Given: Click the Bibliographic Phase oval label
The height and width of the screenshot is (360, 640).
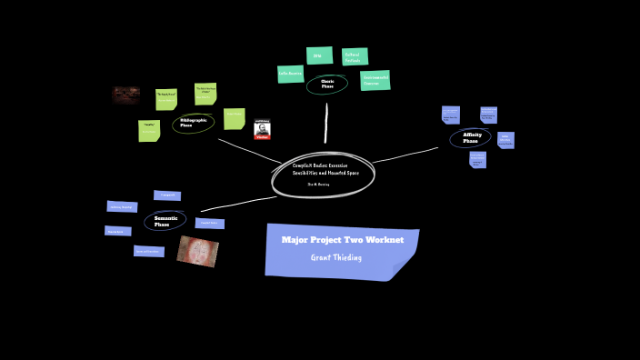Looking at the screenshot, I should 193,123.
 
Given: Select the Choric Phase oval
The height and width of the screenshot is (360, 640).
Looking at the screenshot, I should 326,85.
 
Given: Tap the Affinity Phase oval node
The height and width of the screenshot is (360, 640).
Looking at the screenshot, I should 470,138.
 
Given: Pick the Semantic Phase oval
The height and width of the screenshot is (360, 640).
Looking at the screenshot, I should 165,220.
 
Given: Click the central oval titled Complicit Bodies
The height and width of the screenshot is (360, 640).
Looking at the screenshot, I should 324,173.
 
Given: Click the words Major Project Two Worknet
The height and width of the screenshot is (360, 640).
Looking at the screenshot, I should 342,240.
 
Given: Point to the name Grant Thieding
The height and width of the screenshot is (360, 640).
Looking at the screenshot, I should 336,257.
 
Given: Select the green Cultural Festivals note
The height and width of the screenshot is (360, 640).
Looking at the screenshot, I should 355,56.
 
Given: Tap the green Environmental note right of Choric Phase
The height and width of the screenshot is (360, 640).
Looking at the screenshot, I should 375,80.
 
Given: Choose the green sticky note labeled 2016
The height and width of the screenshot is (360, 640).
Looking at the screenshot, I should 319,55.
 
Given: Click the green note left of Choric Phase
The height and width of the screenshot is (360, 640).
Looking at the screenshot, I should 290,74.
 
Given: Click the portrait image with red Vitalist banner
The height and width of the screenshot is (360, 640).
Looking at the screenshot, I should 262,130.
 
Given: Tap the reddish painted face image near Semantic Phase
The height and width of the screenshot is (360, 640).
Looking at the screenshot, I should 197,251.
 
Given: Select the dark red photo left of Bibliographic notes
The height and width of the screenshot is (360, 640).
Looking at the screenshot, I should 125,95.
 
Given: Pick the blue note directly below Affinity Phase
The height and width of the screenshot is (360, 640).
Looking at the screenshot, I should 477,160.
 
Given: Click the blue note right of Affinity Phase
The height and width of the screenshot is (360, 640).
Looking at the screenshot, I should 505,139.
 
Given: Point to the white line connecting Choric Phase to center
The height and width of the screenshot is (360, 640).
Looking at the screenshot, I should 325,123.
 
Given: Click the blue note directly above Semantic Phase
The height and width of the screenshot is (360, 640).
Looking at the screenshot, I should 167,195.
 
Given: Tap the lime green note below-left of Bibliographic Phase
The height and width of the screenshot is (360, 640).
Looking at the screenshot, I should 149,131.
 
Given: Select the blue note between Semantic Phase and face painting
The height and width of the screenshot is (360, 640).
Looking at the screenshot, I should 209,223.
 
